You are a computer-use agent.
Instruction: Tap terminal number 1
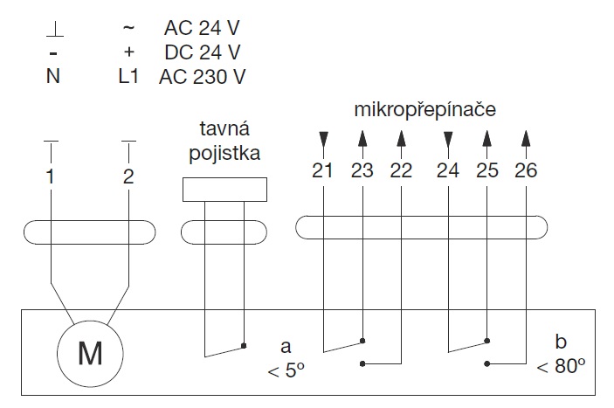coord(52,176)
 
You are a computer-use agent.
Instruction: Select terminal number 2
coord(128,176)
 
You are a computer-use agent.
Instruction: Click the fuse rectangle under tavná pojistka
coord(224,190)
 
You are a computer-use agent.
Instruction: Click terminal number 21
coord(323,170)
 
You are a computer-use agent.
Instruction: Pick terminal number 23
coord(362,170)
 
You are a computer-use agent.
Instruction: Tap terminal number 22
coord(400,170)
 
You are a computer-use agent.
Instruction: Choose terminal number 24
coord(448,170)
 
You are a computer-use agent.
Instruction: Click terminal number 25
coord(486,170)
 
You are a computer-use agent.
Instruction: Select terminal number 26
coord(525,170)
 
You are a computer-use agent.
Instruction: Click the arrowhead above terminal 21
coord(323,139)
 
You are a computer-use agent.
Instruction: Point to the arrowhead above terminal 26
coord(525,138)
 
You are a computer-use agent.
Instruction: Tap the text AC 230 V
coord(202,76)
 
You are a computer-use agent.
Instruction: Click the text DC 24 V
coord(202,52)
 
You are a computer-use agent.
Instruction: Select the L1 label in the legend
coord(128,76)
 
